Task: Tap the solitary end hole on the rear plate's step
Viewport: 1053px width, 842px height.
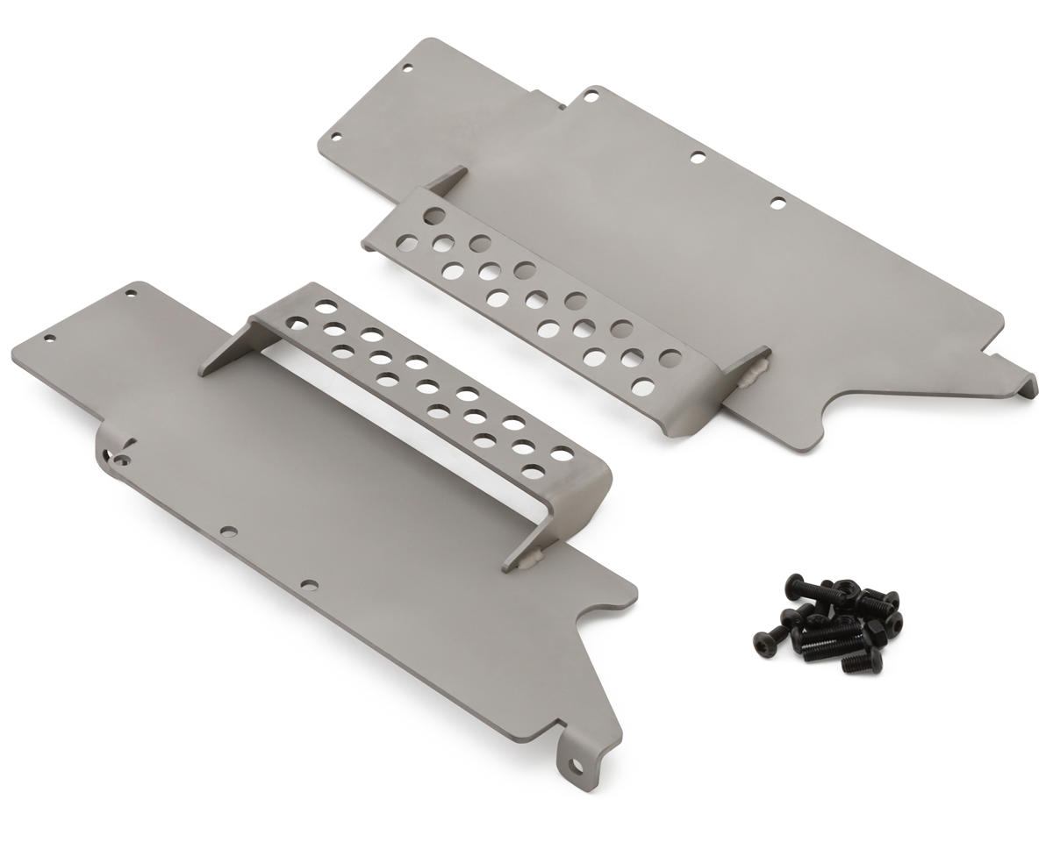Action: tap(433, 213)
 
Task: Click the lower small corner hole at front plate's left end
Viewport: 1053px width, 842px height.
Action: tap(50, 337)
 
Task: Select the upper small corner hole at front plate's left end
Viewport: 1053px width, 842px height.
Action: tap(131, 294)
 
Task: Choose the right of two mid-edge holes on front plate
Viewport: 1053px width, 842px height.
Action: tap(306, 583)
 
